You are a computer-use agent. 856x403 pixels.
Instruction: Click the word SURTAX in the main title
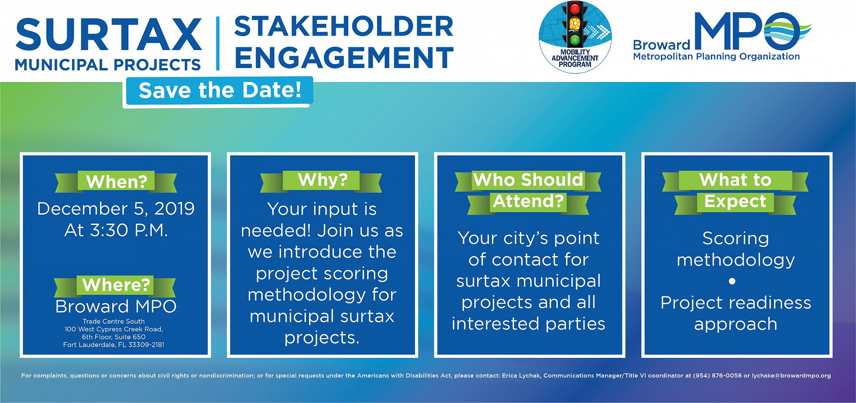(108, 35)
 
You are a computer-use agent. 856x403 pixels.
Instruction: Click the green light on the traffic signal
(574, 39)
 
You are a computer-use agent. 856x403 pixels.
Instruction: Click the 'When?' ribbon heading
(116, 182)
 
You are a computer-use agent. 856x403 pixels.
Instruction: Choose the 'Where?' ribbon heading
(116, 285)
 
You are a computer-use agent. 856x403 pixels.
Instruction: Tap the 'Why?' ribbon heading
(322, 180)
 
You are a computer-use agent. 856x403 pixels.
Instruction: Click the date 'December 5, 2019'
(116, 209)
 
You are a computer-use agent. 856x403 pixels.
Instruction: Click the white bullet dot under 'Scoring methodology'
(732, 281)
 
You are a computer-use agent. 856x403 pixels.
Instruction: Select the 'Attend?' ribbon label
(528, 201)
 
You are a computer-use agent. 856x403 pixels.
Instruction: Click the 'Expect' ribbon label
(735, 201)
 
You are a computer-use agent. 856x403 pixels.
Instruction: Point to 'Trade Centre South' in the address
(114, 321)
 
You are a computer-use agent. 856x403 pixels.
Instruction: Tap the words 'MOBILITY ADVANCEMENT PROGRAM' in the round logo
(575, 58)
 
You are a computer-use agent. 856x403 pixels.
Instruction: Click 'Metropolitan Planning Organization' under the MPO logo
(716, 57)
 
